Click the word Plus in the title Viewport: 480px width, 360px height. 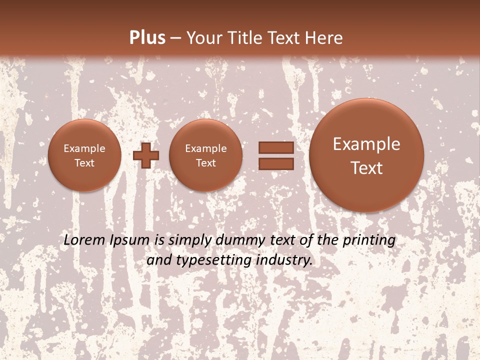[x=147, y=38]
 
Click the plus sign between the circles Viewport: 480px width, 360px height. [x=146, y=155]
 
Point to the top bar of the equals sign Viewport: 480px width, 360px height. [x=275, y=147]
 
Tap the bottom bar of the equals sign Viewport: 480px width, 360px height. [x=275, y=163]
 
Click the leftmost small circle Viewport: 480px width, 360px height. [x=84, y=155]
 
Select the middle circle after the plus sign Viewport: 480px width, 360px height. [x=206, y=155]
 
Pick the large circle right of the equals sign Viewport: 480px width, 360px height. [x=366, y=155]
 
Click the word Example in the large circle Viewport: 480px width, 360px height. [x=366, y=144]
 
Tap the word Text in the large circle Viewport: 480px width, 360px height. [x=366, y=168]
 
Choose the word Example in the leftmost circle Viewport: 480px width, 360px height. [x=84, y=148]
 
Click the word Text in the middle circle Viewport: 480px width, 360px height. [x=206, y=163]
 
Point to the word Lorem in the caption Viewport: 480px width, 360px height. [x=84, y=240]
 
